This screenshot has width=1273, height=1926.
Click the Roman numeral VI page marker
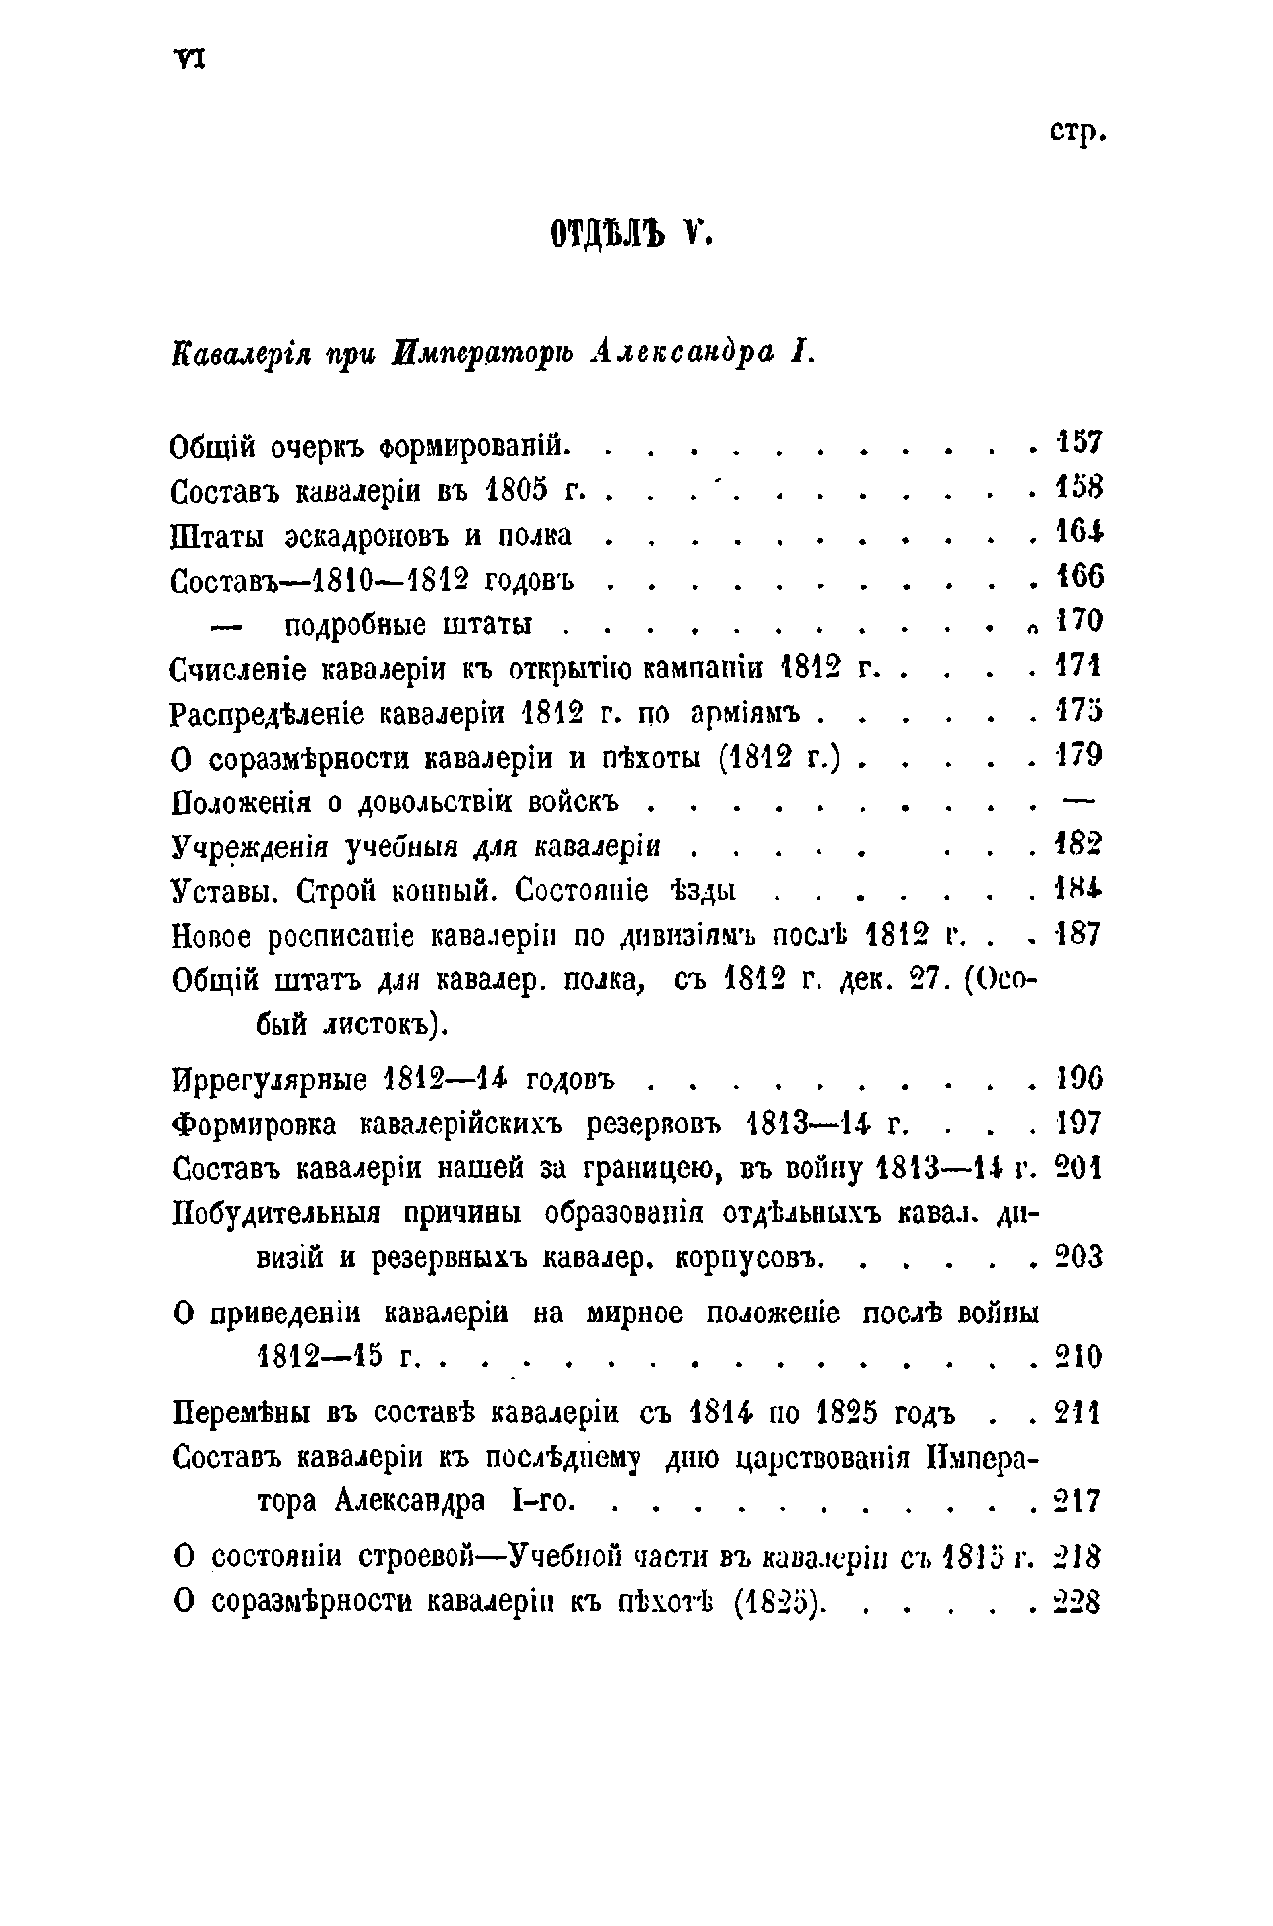(x=188, y=61)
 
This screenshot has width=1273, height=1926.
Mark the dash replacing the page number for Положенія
(x=1078, y=797)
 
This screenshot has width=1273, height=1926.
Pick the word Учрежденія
(x=251, y=848)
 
